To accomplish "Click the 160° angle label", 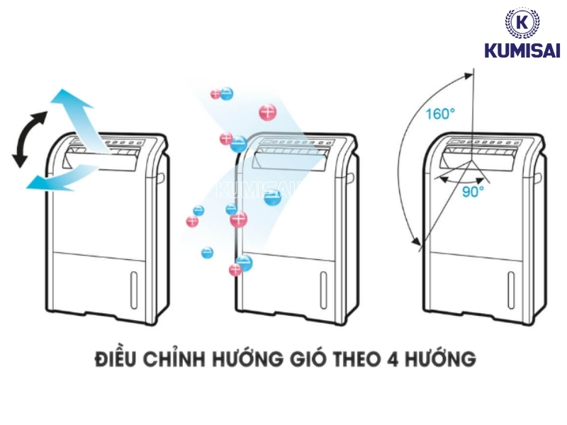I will coord(441,114).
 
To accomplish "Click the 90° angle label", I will coord(473,191).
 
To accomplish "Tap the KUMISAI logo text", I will coord(522,51).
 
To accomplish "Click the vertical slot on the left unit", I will coord(133,287).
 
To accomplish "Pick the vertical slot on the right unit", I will coord(512,288).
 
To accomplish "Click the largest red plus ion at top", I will coord(267,112).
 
